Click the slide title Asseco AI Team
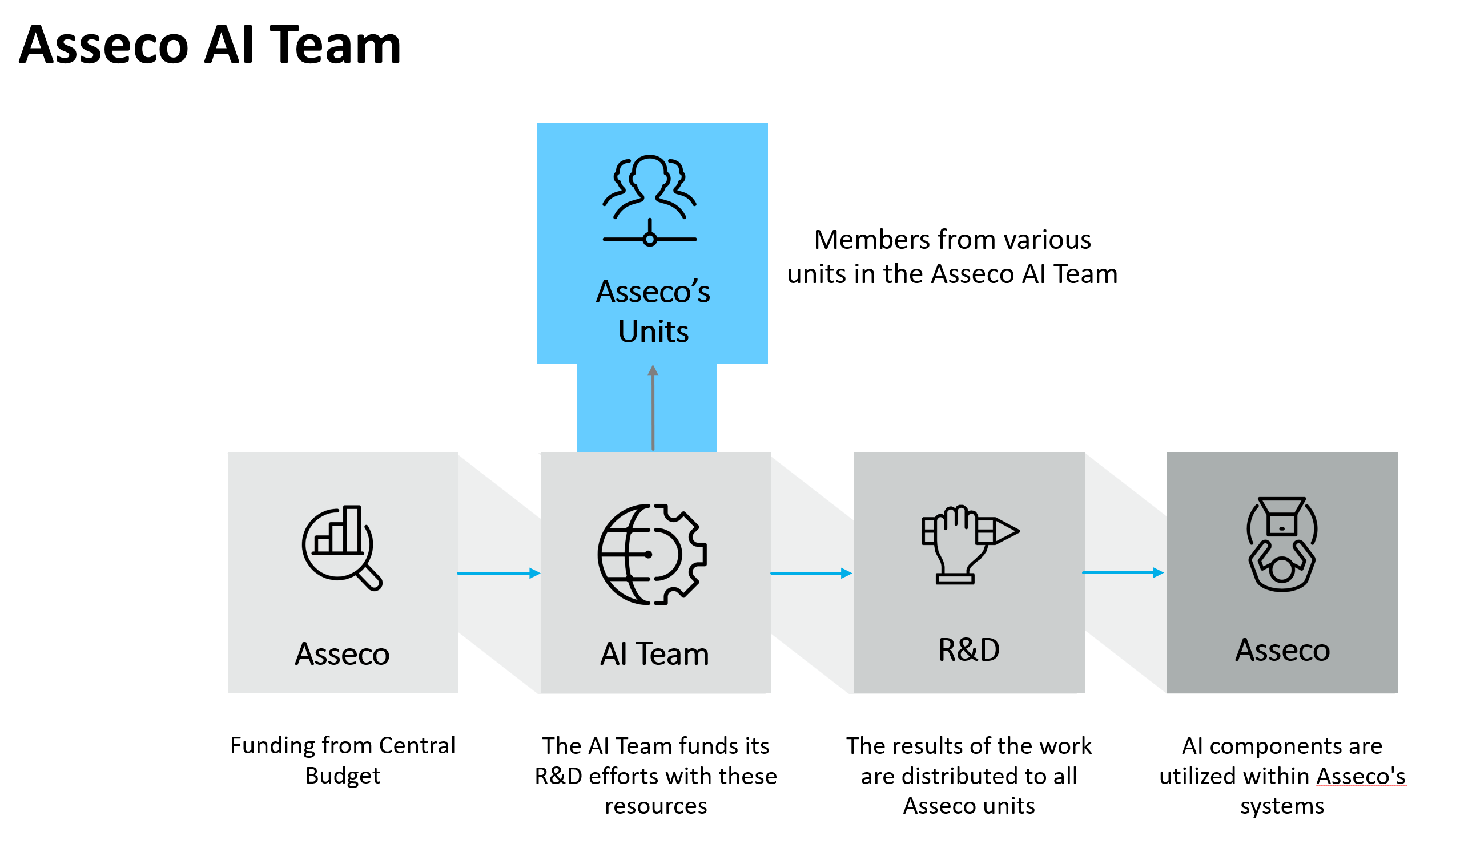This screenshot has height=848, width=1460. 210,45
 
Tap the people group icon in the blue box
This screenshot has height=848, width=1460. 649,200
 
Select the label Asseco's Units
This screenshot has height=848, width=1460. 653,311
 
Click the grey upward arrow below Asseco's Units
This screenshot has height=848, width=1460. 653,408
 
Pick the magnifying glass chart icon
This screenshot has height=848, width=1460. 342,547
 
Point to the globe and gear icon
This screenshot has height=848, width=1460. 652,554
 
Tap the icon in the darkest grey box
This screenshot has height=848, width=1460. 1281,544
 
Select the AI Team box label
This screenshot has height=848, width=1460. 654,654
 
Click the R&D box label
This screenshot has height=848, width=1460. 969,649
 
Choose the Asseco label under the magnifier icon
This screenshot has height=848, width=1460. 342,654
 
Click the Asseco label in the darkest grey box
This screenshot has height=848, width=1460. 1282,650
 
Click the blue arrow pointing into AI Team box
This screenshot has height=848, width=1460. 499,574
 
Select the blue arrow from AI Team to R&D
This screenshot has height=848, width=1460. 811,574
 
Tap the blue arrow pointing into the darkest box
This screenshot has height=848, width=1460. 1123,573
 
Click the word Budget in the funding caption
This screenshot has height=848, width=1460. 343,776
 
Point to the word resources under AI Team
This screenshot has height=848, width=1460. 656,806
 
